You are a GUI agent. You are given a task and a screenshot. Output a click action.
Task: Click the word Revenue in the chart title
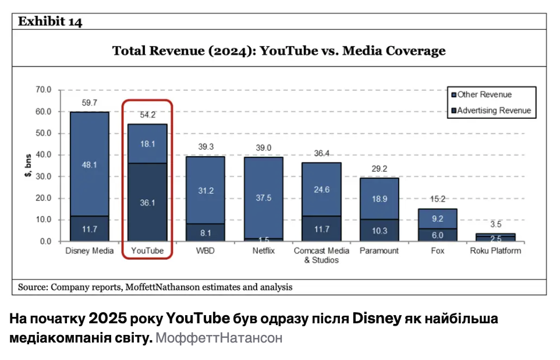click(175, 51)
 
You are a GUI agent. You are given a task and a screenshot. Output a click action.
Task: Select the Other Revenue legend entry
click(484, 94)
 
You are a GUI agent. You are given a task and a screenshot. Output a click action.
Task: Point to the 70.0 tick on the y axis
click(44, 90)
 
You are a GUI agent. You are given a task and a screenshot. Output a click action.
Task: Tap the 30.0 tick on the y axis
click(44, 177)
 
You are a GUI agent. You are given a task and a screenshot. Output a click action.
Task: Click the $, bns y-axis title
click(27, 166)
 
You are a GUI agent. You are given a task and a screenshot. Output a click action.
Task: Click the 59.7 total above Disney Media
click(89, 103)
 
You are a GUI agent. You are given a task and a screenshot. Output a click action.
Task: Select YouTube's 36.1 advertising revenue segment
click(147, 203)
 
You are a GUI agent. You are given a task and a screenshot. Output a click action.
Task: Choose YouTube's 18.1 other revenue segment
click(147, 144)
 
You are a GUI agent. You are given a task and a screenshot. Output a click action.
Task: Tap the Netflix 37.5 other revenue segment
click(263, 198)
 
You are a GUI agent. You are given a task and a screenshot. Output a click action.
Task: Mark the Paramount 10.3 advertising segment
click(379, 230)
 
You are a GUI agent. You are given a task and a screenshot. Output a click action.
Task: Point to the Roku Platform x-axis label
click(495, 251)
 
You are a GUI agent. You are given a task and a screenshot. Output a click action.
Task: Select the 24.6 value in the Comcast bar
click(321, 189)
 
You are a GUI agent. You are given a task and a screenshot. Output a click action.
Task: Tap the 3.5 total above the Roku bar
click(495, 224)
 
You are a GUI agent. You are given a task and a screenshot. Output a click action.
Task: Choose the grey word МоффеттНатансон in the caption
click(219, 338)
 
